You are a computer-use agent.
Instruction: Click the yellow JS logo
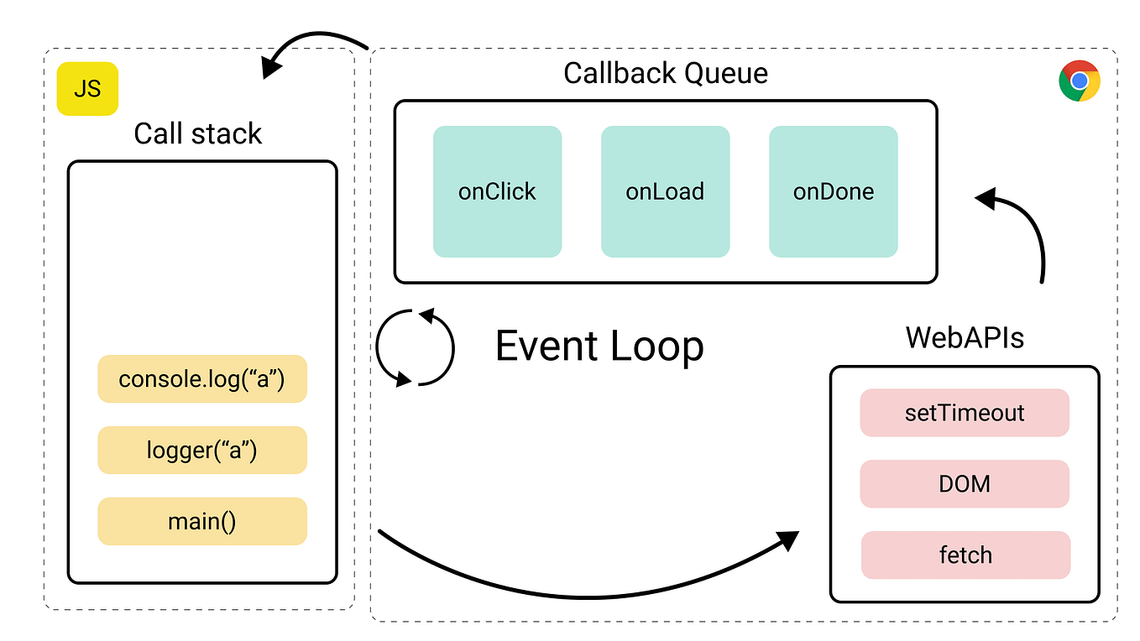click(87, 88)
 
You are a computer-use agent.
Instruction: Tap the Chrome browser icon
click(1079, 81)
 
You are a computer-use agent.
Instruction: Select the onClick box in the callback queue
click(497, 191)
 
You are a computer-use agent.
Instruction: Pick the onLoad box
click(665, 191)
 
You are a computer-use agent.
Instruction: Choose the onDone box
click(834, 191)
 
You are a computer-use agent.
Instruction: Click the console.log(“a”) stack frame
click(202, 379)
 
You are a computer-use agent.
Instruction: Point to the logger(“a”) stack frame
click(202, 451)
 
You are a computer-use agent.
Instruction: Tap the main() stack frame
click(202, 521)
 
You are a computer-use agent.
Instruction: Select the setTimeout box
click(965, 413)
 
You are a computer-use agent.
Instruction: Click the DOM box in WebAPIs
click(965, 484)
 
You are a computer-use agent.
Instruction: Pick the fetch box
click(965, 555)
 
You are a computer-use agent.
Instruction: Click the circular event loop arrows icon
click(415, 347)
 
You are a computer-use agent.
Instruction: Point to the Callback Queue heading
click(666, 73)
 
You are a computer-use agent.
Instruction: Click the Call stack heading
click(198, 133)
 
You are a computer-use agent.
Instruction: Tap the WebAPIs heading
click(965, 338)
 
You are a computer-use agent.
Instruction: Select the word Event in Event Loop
click(546, 346)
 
